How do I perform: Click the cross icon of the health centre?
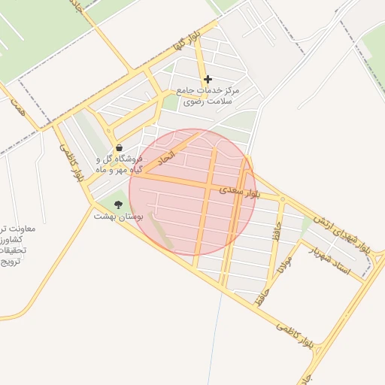click(x=208, y=79)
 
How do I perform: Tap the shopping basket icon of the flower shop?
click(x=119, y=149)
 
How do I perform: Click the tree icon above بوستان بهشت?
click(x=117, y=204)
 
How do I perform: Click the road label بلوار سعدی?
click(x=243, y=192)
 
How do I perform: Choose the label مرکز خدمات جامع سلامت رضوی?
click(x=208, y=95)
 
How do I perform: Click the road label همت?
click(x=17, y=107)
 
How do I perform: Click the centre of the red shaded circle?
click(x=192, y=192)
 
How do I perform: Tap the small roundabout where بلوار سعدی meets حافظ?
click(x=282, y=199)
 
